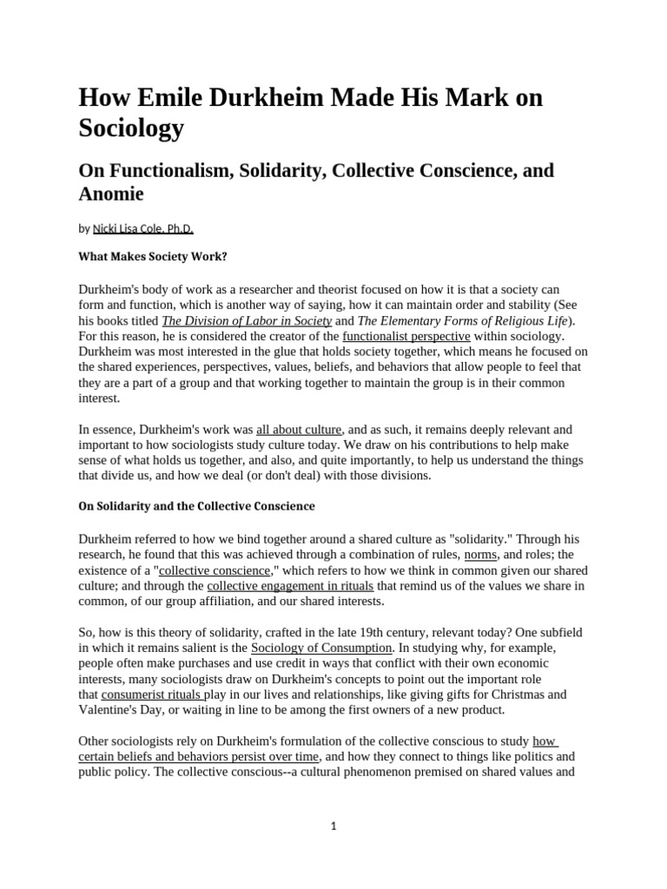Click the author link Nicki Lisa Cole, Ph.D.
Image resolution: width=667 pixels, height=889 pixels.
point(142,229)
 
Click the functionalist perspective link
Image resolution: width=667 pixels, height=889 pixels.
point(406,336)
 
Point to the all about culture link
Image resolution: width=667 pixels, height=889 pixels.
point(299,430)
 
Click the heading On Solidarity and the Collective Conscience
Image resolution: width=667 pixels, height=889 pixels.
point(196,506)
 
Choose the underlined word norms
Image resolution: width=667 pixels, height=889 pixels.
point(480,555)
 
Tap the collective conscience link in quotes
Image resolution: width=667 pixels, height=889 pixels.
point(215,570)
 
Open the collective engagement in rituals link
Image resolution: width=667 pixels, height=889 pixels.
point(290,586)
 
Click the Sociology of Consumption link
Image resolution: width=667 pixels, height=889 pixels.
point(321,649)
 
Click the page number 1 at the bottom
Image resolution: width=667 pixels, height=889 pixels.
point(333,826)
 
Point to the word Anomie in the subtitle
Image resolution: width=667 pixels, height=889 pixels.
point(111,194)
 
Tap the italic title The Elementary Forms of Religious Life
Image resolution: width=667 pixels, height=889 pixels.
point(455,320)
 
